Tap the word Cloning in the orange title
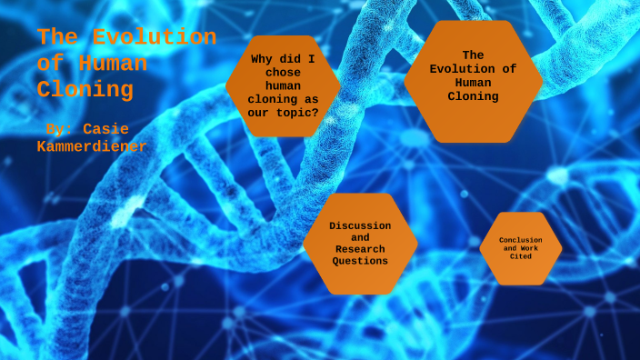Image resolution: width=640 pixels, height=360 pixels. tap(85, 90)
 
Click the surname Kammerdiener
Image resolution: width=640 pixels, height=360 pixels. tap(92, 146)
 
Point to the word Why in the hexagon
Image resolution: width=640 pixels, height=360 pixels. tap(262, 59)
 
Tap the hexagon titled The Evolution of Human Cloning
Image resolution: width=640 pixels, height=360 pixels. tap(473, 82)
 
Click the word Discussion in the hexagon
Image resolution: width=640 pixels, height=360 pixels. tap(360, 225)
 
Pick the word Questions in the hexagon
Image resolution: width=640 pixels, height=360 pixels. tap(360, 261)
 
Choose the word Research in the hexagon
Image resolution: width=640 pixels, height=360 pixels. tap(360, 249)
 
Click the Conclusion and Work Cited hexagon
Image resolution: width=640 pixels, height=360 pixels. tap(520, 248)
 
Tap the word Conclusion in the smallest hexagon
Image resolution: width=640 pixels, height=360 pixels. tap(520, 240)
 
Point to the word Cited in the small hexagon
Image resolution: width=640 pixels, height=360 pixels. tap(520, 256)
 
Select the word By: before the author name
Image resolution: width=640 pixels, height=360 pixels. tap(60, 129)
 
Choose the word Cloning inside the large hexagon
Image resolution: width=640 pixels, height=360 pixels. tap(473, 96)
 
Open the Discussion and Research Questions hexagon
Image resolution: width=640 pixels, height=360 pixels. tap(360, 244)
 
